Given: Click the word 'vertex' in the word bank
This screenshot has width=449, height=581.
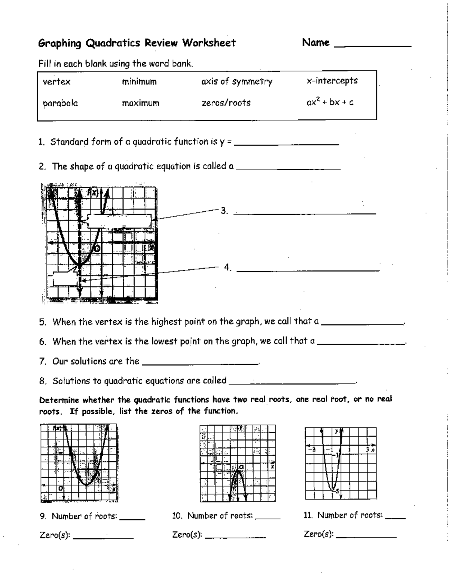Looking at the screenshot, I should click(x=56, y=82).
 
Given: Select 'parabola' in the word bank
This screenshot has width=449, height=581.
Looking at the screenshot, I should click(x=60, y=103).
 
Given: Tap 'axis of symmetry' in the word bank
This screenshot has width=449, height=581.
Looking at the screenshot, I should click(x=236, y=82).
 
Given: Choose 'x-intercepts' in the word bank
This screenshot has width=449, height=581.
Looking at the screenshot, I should click(x=332, y=81).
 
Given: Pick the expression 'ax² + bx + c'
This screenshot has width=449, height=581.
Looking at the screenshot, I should click(x=330, y=102).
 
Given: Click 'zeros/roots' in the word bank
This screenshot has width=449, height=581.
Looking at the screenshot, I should click(x=226, y=103).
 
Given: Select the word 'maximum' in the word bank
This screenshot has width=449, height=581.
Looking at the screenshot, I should click(x=140, y=103).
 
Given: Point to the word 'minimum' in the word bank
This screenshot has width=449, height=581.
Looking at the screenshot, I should click(x=139, y=82).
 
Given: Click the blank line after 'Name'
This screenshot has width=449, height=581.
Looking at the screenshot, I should click(x=372, y=45).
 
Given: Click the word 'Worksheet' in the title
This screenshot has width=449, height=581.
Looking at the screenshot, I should click(x=209, y=43).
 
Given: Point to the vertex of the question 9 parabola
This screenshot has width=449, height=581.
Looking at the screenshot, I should click(x=86, y=485).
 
